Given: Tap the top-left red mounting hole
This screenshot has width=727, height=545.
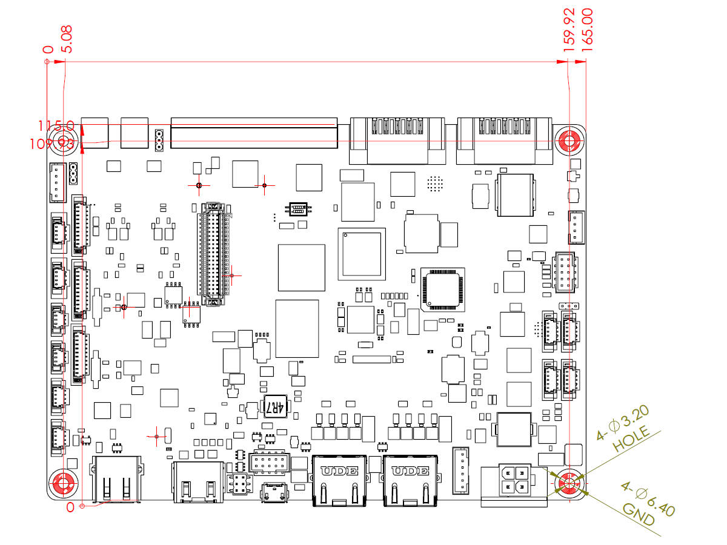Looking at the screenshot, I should click(x=62, y=142).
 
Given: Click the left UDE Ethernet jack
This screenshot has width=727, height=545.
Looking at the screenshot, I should click(x=339, y=480).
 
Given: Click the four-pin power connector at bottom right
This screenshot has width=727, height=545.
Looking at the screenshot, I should click(x=513, y=480).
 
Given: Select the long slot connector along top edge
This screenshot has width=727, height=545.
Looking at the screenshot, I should click(x=254, y=133).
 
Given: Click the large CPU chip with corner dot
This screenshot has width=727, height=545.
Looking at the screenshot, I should click(x=361, y=254).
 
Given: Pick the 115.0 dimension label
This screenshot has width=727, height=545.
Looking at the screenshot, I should click(x=56, y=126).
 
